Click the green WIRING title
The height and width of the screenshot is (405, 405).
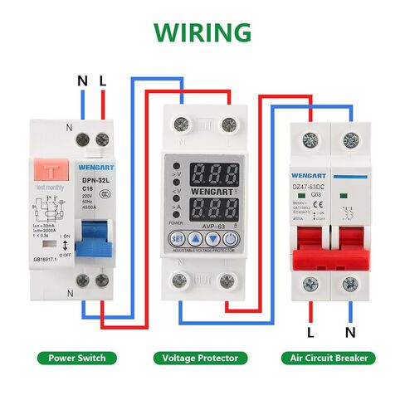click(x=202, y=32)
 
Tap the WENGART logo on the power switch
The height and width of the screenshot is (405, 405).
click(x=99, y=166)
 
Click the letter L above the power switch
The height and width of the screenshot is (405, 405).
click(x=103, y=81)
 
